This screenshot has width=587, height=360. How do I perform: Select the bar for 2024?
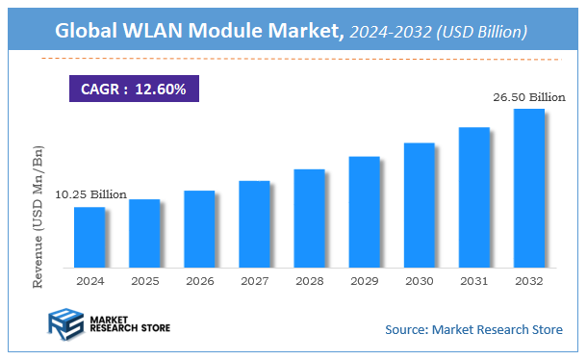coord(89,237)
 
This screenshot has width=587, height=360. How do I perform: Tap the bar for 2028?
coord(309,218)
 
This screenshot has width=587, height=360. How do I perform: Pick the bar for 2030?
coord(419,205)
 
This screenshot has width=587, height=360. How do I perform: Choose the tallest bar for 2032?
coord(528,188)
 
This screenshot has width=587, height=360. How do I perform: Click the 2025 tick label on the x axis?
coord(144,281)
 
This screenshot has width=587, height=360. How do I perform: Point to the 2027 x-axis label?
coord(254,281)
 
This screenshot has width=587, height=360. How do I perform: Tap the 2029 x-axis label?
coord(364,281)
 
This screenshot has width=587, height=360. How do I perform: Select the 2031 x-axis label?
coord(473,281)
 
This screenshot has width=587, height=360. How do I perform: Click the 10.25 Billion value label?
coord(89,194)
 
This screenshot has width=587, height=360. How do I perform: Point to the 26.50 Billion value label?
coord(528,96)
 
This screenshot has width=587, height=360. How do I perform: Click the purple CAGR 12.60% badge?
coord(134,90)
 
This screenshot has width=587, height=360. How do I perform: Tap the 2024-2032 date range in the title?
coord(391,32)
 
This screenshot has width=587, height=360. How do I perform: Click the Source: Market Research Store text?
coord(473,329)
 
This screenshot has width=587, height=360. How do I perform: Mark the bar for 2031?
coord(473,196)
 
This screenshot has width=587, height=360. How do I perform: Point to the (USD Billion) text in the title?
coord(481,32)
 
